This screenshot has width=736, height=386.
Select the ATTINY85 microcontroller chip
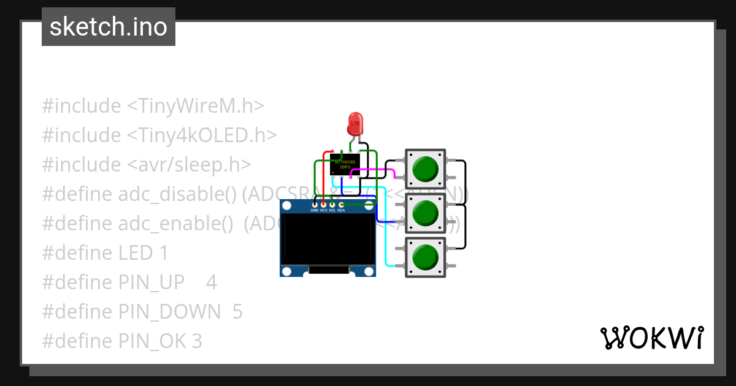tap(345, 165)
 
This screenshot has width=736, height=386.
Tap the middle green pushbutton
tap(425, 213)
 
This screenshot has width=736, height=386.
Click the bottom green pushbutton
tap(425, 257)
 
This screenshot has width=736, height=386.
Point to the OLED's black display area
tap(327, 241)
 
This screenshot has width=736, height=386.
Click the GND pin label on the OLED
tap(315, 210)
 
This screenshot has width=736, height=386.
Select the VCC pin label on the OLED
tap(323, 210)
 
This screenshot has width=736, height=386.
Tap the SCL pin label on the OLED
tap(332, 210)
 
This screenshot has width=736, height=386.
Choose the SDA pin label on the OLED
tap(341, 210)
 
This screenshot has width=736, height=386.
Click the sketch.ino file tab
tap(109, 27)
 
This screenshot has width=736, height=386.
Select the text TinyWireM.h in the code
tap(195, 106)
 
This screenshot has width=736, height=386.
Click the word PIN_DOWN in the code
tap(169, 312)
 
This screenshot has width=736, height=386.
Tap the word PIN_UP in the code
tap(151, 282)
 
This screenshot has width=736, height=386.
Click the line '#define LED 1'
tap(105, 253)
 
